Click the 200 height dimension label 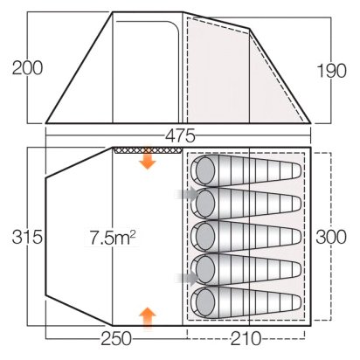click(x=27, y=68)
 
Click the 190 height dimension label click(x=331, y=71)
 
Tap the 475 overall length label click(x=180, y=135)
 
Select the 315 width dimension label click(x=27, y=237)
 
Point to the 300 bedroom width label click(x=331, y=237)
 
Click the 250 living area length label click(x=116, y=339)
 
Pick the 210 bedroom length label click(x=246, y=339)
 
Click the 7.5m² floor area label click(x=112, y=238)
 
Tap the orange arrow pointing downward click(x=148, y=158)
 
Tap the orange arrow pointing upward click(x=148, y=318)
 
